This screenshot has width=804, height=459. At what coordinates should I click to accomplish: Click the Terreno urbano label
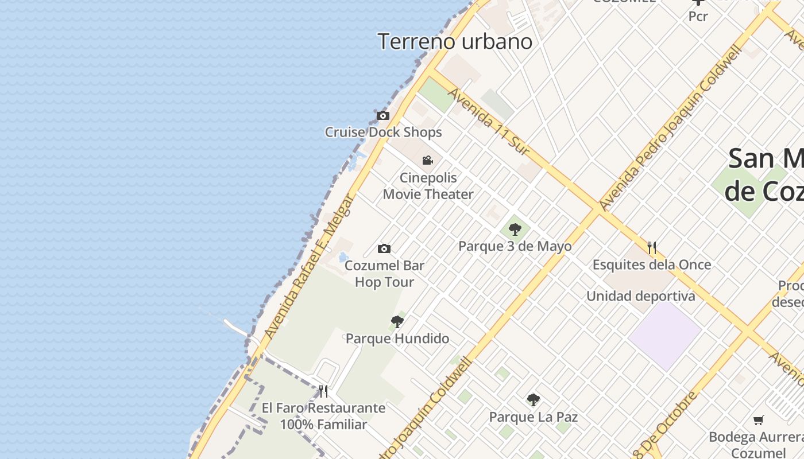[455, 42]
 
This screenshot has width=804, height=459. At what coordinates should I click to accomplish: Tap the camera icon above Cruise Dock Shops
[383, 116]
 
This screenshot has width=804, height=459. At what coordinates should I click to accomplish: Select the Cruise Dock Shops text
[383, 133]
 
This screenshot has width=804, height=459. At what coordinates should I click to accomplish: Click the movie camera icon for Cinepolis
[428, 160]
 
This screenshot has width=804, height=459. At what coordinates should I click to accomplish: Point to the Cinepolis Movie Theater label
[428, 186]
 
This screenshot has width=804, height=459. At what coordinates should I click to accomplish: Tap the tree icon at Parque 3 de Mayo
[515, 229]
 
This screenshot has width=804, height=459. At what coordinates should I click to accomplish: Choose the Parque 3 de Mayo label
[515, 247]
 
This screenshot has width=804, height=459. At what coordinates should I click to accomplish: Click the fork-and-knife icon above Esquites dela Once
[652, 248]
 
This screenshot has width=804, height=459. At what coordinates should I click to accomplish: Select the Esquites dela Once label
[652, 265]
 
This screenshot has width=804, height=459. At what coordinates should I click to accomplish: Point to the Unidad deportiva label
[640, 297]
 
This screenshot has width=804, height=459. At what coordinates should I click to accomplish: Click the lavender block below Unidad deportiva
[665, 335]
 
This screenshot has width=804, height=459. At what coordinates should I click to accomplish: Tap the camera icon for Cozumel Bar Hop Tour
[384, 248]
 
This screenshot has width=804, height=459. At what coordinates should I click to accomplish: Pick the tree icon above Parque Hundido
[397, 321]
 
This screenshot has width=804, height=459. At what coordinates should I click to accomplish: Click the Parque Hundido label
[397, 339]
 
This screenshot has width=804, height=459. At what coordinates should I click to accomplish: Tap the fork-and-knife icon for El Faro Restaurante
[324, 391]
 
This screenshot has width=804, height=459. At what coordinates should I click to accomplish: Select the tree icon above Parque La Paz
[534, 399]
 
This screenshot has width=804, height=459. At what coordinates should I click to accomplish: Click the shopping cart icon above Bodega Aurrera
[758, 421]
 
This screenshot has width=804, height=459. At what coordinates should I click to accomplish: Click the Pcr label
[698, 17]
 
